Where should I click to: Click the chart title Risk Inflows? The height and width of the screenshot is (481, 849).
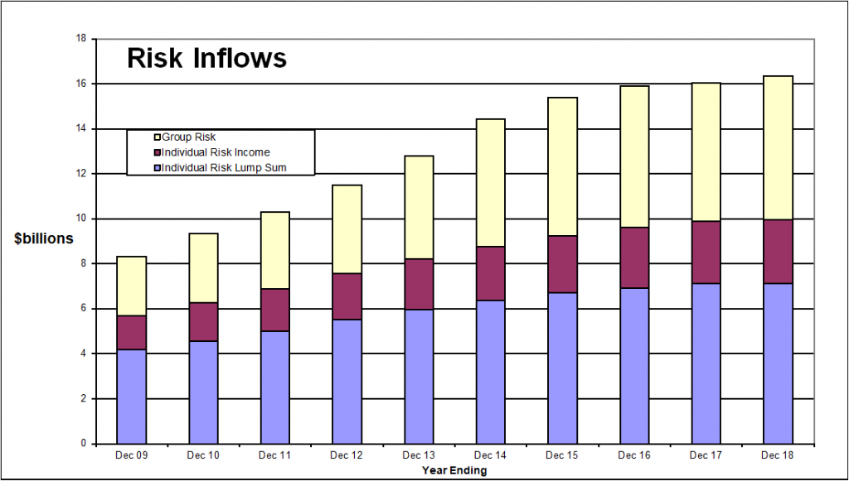click(206, 59)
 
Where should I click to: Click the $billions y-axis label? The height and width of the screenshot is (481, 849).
click(44, 238)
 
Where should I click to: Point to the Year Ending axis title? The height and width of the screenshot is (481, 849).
click(454, 470)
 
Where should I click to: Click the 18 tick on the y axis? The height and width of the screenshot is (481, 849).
click(80, 39)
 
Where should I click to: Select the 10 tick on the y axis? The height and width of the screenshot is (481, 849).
click(80, 219)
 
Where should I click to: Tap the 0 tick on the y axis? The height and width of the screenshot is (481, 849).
click(83, 444)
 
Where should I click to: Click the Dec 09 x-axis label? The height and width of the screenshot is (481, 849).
click(131, 456)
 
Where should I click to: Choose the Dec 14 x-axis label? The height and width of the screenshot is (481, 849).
click(491, 456)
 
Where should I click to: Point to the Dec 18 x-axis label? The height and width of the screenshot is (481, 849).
click(778, 456)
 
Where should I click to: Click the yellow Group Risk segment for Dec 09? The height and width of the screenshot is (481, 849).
click(131, 286)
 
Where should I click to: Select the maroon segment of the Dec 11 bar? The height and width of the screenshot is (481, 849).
click(274, 310)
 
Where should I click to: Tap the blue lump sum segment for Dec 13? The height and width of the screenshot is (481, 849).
click(419, 377)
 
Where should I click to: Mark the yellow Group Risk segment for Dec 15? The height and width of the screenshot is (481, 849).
click(562, 166)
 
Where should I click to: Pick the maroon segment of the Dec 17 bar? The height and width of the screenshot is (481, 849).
click(706, 253)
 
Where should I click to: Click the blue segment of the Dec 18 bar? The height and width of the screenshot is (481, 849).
click(778, 363)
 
